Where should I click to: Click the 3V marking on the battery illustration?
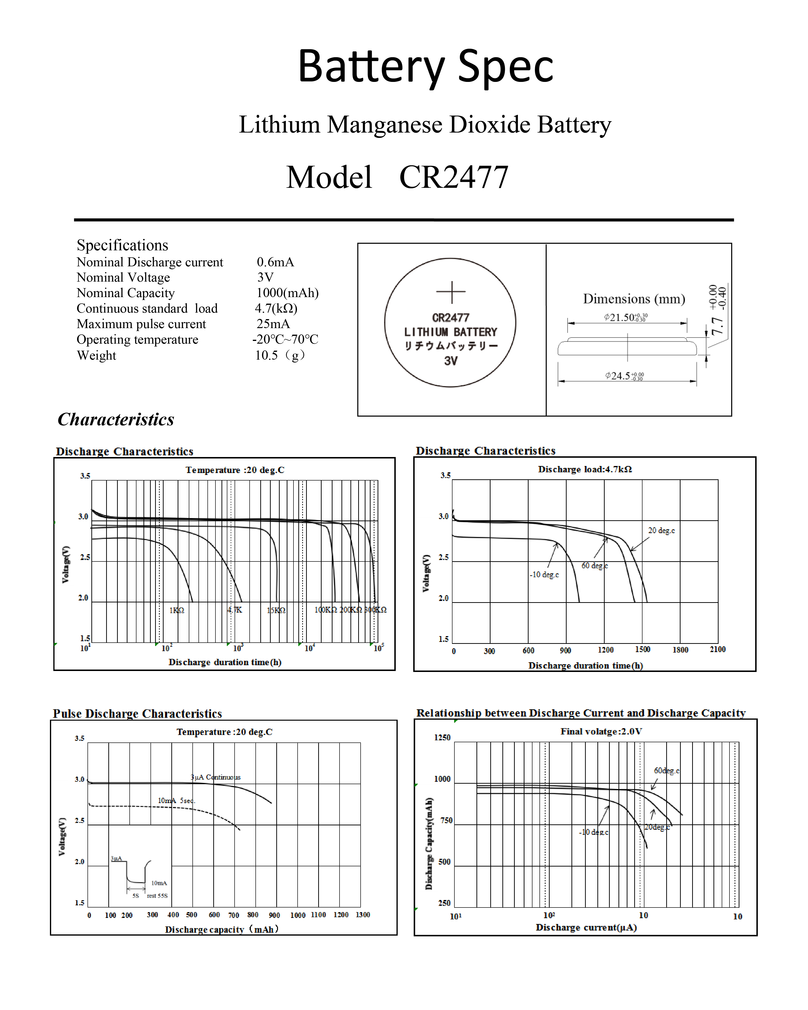pos(451,361)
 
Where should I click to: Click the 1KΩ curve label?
pos(177,610)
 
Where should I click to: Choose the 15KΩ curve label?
pos(276,610)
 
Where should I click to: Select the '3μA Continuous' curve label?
pos(215,777)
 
